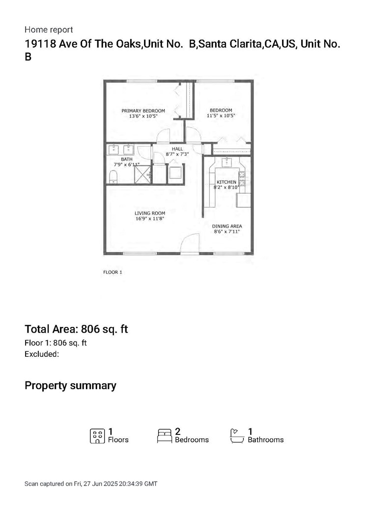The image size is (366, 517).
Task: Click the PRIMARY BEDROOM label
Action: [x=143, y=111]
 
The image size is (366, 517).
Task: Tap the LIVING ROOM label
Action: [x=149, y=213]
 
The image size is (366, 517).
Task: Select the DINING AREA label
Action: [x=227, y=226]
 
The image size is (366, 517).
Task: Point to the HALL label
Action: [x=177, y=148]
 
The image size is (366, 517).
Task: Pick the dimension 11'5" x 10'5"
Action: [x=221, y=116]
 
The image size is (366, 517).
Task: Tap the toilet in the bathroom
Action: [x=113, y=176]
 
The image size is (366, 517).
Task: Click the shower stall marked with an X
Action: [x=143, y=174]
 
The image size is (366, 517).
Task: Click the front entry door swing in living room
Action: [x=189, y=244]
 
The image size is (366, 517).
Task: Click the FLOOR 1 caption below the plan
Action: [x=113, y=272]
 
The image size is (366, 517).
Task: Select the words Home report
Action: [x=49, y=30]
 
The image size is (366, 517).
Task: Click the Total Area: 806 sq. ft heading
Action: [x=76, y=329]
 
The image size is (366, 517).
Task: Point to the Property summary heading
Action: [x=70, y=385]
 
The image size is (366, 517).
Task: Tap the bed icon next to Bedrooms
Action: [x=164, y=436]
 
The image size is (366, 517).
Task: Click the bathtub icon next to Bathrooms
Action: [x=237, y=436]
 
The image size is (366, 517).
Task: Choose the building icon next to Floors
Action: [x=97, y=436]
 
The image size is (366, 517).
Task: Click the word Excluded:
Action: [x=42, y=353]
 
